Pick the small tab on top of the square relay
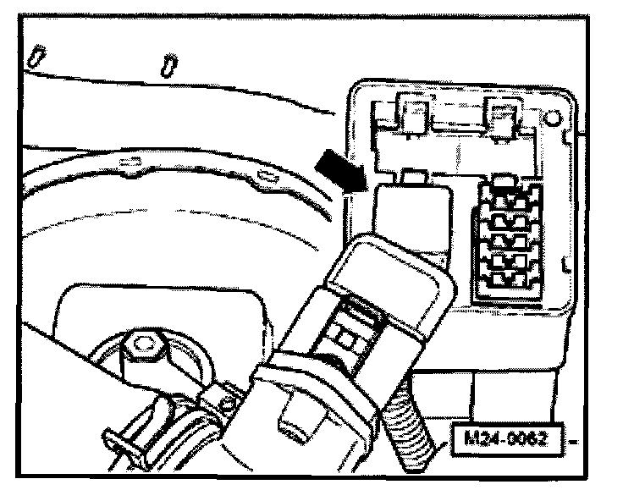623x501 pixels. tap(414, 176)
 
